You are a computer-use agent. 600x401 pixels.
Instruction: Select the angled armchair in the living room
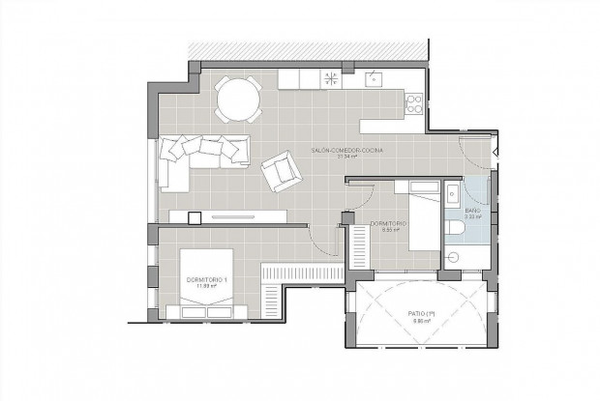282,171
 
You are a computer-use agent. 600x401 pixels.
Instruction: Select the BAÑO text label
473,210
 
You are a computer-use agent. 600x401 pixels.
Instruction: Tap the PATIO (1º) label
418,312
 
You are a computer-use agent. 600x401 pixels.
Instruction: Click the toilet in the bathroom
454,227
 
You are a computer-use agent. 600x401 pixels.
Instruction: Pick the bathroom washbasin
453,190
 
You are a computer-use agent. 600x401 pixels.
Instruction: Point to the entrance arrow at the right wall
495,153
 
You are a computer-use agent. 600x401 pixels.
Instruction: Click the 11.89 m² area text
205,286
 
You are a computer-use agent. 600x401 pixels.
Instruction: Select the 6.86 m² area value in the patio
418,320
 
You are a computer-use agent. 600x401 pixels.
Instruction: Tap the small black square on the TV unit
195,217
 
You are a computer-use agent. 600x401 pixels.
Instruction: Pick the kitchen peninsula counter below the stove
391,125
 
